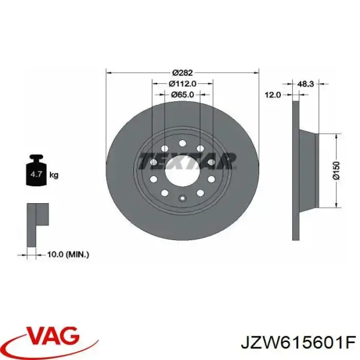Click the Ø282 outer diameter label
tap(183, 73)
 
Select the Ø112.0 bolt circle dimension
tap(183, 84)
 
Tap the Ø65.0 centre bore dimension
tap(183, 95)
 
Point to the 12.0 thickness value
tap(273, 95)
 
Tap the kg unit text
tap(53, 175)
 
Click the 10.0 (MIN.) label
tap(68, 254)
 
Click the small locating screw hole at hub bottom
tap(183, 198)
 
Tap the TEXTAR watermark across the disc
tap(188, 160)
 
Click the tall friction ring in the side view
tap(295, 170)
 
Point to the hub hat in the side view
tap(309, 170)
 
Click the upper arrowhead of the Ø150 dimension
tap(336, 136)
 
